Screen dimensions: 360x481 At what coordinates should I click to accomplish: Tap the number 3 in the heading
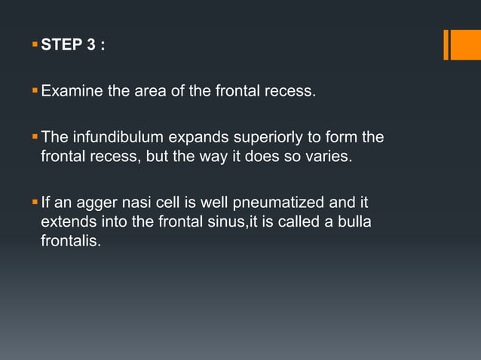91,45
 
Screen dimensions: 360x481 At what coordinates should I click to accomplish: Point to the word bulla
355,223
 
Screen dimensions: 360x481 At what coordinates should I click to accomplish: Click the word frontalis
70,243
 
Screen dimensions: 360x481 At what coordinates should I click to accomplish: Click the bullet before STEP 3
34,44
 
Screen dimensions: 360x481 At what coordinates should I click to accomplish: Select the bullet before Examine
34,92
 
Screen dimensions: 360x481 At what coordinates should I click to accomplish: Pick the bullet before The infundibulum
34,137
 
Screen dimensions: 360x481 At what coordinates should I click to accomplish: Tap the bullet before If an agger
34,202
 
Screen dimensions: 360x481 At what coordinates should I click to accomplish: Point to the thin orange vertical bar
446,44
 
